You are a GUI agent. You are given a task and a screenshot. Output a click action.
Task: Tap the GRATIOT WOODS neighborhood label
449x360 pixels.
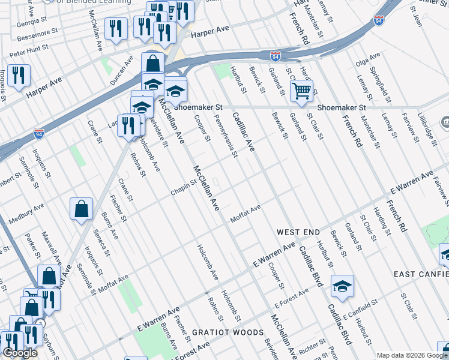pyautogui.click(x=228, y=332)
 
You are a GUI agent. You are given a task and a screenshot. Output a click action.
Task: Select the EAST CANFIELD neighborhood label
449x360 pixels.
pyautogui.click(x=421, y=274)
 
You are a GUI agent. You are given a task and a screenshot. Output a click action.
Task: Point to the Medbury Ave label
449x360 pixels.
pyautogui.click(x=26, y=213)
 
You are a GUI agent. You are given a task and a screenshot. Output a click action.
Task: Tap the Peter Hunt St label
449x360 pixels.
pyautogui.click(x=29, y=53)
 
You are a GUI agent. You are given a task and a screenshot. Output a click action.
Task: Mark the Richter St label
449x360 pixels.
pyautogui.click(x=312, y=347)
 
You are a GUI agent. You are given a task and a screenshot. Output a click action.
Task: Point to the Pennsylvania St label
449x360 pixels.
pyautogui.click(x=227, y=137)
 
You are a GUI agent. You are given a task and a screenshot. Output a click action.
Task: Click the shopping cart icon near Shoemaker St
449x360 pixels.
pyautogui.click(x=302, y=92)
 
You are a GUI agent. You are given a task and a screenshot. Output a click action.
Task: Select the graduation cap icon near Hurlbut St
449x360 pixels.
pyautogui.click(x=342, y=287)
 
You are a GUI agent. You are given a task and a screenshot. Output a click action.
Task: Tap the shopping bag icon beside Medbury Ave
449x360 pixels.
pyautogui.click(x=82, y=209)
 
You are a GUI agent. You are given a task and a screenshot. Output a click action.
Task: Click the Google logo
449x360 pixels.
pyautogui.click(x=20, y=353)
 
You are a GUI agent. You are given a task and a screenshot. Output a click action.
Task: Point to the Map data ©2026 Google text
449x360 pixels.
pyautogui.click(x=411, y=355)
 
